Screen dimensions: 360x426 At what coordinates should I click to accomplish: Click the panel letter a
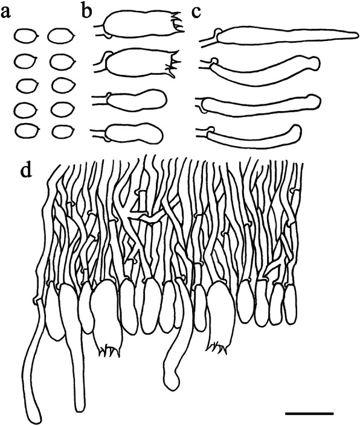[5, 13]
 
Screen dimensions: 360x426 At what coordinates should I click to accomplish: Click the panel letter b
[86, 11]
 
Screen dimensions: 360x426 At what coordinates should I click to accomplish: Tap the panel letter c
[196, 13]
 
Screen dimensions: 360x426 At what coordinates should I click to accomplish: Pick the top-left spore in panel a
[26, 36]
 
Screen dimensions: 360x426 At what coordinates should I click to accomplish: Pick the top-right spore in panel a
[61, 36]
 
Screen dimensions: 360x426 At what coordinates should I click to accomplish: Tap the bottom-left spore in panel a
[27, 131]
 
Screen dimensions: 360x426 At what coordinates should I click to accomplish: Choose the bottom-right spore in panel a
[63, 131]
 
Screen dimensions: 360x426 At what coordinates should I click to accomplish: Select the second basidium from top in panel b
[137, 63]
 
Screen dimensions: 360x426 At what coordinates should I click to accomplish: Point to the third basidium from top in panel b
[129, 100]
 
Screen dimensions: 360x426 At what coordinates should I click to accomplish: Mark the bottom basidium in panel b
[128, 133]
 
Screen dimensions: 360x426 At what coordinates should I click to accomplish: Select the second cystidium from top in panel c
[260, 70]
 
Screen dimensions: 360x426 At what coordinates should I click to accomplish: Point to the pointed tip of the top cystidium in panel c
[357, 35]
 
